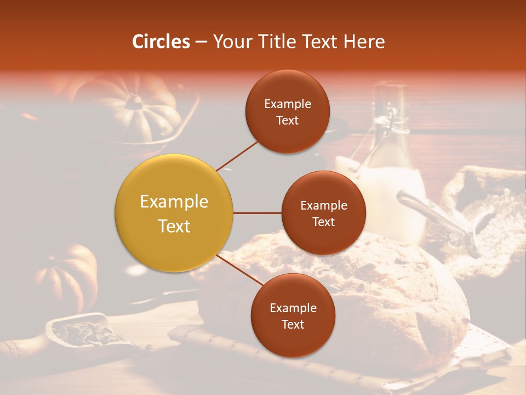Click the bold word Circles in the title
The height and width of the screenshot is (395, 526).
point(161,42)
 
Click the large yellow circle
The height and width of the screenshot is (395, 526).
point(174,213)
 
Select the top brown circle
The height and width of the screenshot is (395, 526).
point(288,111)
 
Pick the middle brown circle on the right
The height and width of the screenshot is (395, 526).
point(323,213)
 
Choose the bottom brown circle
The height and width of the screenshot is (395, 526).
point(293,315)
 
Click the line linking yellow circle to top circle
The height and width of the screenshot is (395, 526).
point(237,156)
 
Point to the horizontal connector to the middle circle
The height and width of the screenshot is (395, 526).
point(258,213)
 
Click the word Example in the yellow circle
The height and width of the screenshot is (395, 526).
point(174,202)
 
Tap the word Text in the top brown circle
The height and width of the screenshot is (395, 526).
point(288,121)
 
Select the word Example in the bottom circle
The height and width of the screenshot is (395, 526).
point(293,308)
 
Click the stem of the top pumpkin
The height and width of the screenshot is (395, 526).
point(133,100)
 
